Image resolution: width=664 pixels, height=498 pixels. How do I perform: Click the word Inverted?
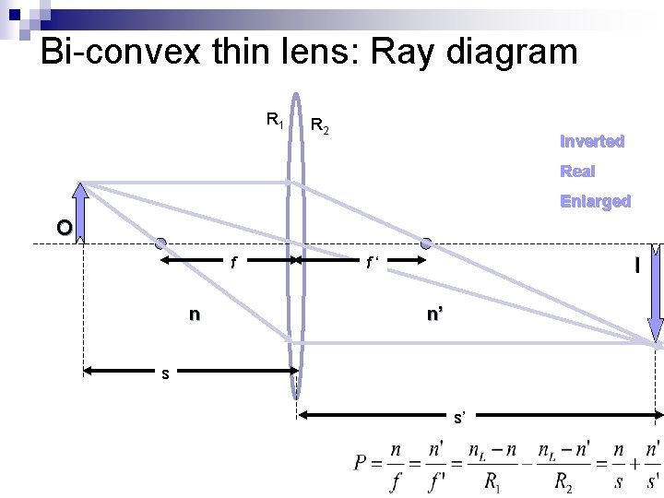coord(592,141)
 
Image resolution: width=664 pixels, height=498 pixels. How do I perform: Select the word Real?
coord(577,171)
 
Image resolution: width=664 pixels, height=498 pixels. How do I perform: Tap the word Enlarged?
coord(595,201)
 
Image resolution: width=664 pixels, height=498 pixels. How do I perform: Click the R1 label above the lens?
coord(275,119)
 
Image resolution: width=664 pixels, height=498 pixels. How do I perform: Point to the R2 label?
coord(320,125)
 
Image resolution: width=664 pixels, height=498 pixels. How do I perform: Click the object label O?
coord(63,227)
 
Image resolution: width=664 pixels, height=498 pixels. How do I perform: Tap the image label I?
coord(636,266)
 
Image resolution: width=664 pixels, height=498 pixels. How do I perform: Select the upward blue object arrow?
coord(80,213)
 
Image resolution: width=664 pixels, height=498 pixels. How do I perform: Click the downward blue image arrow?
coord(656,295)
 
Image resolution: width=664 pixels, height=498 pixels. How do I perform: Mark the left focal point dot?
coord(160,243)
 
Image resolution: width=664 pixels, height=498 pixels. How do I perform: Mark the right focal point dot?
coord(426,243)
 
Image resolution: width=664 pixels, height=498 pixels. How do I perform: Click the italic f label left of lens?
coord(233,263)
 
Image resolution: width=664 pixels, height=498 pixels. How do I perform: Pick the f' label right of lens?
coord(373,264)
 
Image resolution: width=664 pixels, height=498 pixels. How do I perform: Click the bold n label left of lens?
coord(194,314)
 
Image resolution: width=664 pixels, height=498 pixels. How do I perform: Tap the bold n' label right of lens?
coord(433,314)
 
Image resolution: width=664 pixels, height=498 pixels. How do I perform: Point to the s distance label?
coord(164,373)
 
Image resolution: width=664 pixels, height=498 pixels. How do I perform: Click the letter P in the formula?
coord(362,461)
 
